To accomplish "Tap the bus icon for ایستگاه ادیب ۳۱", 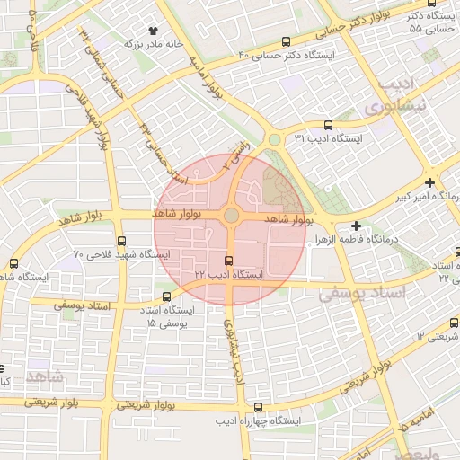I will pos(327,126).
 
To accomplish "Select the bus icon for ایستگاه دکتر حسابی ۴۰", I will pos(286,41).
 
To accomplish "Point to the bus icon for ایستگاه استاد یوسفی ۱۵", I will pos(165,296).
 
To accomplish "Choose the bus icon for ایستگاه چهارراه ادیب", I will pos(259,406).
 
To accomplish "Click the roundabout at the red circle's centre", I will pos(231,216).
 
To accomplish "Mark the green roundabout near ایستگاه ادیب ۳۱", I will pos(273,139).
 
